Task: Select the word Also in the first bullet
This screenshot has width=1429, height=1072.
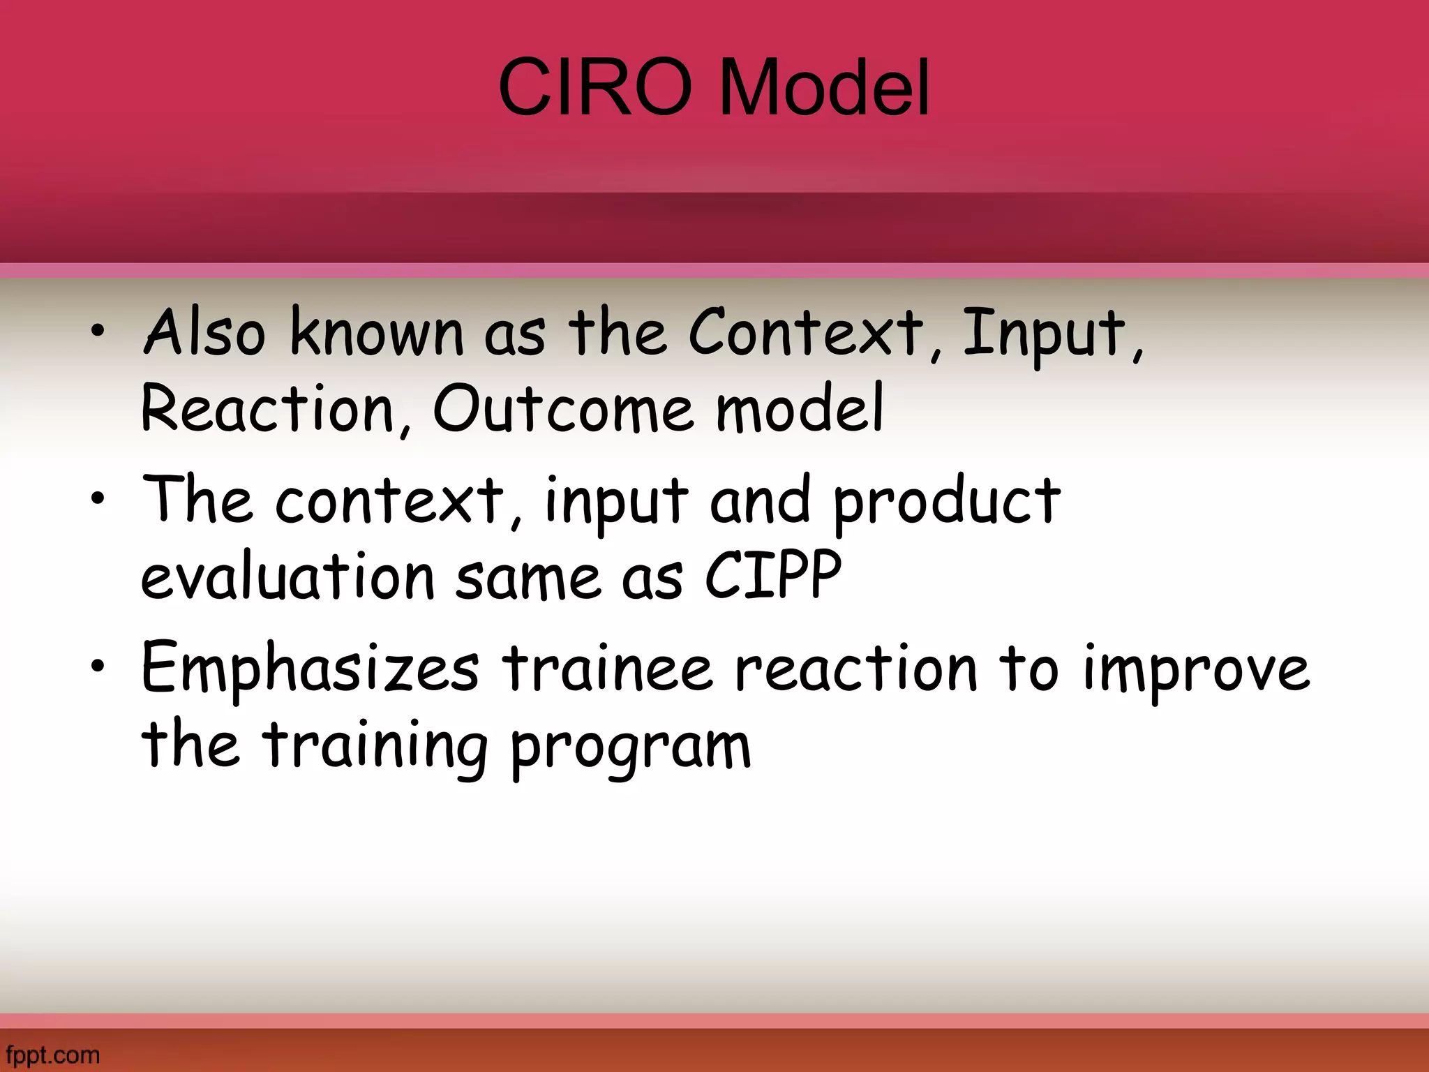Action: tap(204, 333)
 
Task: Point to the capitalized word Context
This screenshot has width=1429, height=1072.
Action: tap(806, 333)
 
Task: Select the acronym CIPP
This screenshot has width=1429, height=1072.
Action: tap(773, 576)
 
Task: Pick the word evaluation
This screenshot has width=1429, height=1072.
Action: tap(287, 577)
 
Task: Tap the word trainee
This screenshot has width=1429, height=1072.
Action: tap(607, 668)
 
